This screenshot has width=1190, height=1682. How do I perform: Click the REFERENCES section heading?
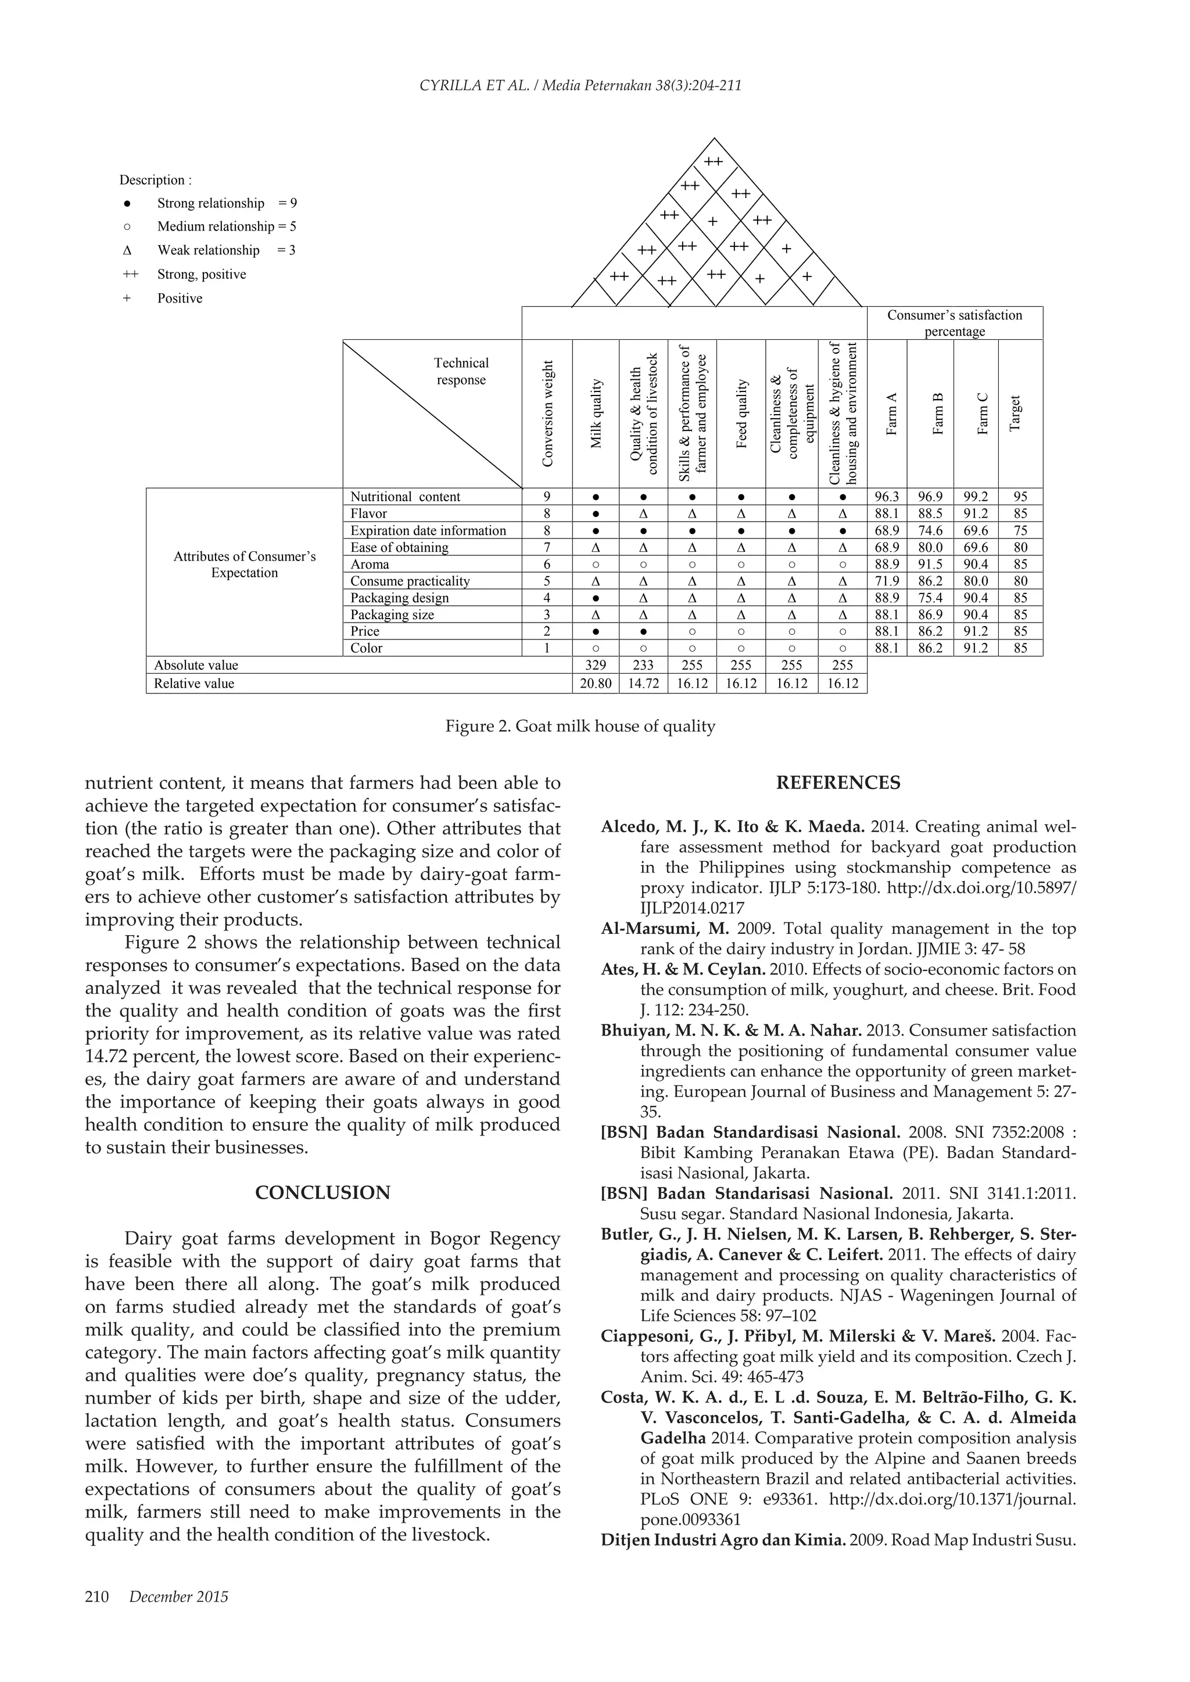[x=837, y=782]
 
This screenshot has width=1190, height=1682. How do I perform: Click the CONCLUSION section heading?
[x=322, y=1192]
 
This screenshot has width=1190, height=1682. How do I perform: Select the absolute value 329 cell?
[x=595, y=665]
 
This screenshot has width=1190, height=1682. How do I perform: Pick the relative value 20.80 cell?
[x=595, y=684]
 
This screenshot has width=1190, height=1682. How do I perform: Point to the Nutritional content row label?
[x=405, y=497]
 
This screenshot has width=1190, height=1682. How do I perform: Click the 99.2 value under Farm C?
[x=976, y=497]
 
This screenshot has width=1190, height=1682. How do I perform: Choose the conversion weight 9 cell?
[x=547, y=497]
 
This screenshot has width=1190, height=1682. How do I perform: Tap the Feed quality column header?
[x=741, y=414]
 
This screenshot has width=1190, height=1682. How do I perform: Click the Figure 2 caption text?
[x=580, y=726]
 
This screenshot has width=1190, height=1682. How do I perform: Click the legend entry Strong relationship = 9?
[x=227, y=203]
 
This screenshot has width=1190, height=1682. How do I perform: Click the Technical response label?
[x=461, y=371]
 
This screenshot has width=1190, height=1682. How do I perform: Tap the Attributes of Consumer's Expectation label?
[x=244, y=564]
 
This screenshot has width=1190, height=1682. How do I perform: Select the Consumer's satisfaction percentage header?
[x=954, y=323]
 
